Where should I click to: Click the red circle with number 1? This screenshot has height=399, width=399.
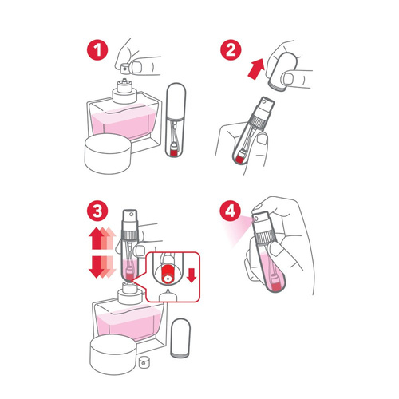99,50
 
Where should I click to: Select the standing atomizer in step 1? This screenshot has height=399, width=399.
180,119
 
